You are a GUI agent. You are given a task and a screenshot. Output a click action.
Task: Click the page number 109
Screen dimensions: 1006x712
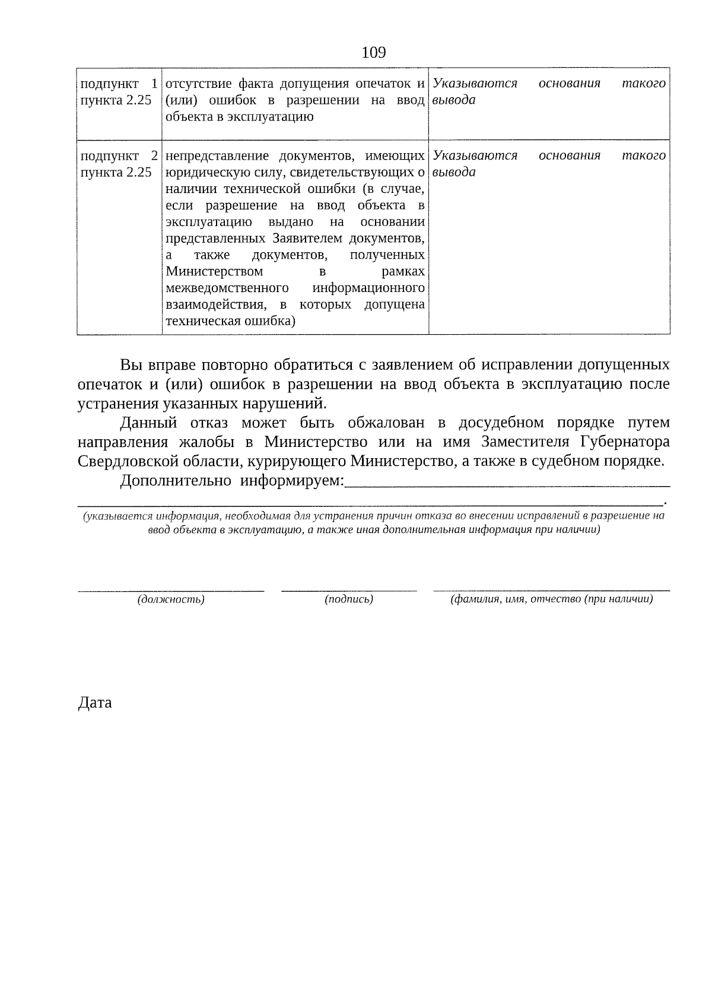[x=373, y=53]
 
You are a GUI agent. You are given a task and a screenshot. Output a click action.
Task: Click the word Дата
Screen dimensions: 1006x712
[x=95, y=703]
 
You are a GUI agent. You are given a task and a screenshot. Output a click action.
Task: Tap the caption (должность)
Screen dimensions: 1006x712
[x=171, y=599]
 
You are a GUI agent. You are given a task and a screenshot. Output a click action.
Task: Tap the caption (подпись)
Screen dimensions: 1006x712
[x=349, y=599]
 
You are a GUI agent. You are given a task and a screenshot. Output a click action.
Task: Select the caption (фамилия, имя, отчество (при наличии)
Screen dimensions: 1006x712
[x=552, y=599]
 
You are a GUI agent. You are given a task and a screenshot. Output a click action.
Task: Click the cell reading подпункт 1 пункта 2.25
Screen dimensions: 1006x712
[x=119, y=91]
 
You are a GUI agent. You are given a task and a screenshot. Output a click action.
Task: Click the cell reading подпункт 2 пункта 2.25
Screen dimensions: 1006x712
[x=119, y=164]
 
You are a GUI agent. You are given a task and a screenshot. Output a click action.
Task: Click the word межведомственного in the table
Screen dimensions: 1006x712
[x=227, y=288]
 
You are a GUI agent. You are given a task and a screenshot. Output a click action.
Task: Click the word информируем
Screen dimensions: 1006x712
[x=291, y=481]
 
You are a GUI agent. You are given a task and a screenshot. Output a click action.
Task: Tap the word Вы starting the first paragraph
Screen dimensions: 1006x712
[x=129, y=364]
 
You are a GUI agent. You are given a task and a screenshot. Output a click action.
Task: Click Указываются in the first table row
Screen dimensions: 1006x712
[x=475, y=83]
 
